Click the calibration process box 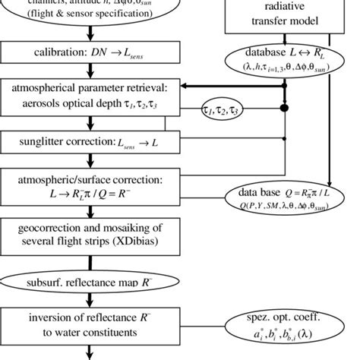click(90, 56)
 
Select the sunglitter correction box click(90, 142)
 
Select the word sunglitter click(51, 142)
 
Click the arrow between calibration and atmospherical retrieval click(90, 73)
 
